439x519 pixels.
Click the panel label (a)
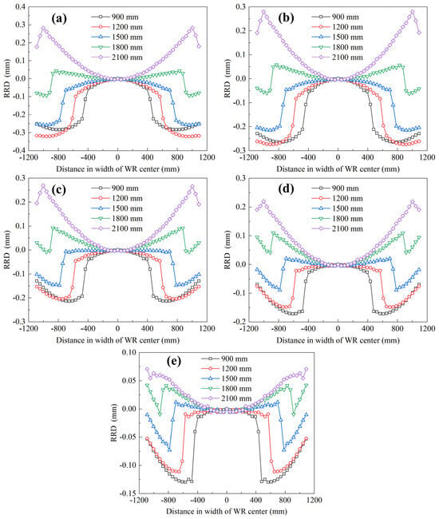[x=59, y=18]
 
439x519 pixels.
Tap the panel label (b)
[x=287, y=18]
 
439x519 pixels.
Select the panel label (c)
[x=59, y=189]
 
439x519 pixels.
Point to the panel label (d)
[x=287, y=189]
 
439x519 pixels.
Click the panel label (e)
[x=174, y=361]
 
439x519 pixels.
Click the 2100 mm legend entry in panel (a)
[x=117, y=57]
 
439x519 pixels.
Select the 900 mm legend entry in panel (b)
[x=334, y=17]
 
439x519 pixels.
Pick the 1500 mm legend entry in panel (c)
[x=117, y=208]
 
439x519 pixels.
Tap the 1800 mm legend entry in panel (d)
[x=337, y=219]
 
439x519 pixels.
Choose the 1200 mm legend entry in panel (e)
[x=226, y=369]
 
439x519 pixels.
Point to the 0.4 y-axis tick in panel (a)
[x=21, y=7]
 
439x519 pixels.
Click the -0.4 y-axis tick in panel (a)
[x=19, y=150]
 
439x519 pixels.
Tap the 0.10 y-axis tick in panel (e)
[x=129, y=352]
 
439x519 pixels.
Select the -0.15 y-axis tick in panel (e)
[x=127, y=493]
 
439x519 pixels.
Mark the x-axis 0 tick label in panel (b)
[x=338, y=157]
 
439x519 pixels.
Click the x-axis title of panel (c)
[x=118, y=340]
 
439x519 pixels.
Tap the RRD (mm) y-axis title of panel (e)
[x=114, y=423]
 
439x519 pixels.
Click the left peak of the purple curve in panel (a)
[x=43, y=28]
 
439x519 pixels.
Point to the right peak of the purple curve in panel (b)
[x=412, y=12]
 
